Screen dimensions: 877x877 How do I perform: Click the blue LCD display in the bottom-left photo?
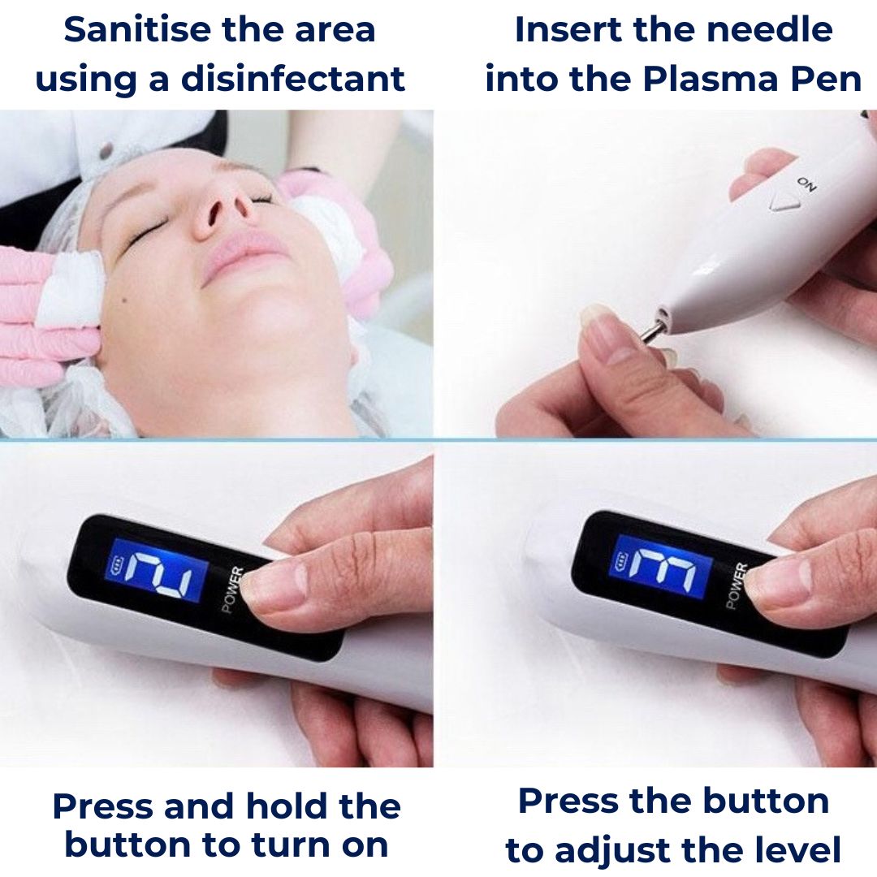click(158, 571)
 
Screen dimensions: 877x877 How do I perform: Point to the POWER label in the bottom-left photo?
click(233, 591)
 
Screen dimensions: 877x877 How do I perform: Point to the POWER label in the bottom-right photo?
click(735, 585)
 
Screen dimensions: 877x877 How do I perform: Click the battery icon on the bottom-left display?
click(117, 567)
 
